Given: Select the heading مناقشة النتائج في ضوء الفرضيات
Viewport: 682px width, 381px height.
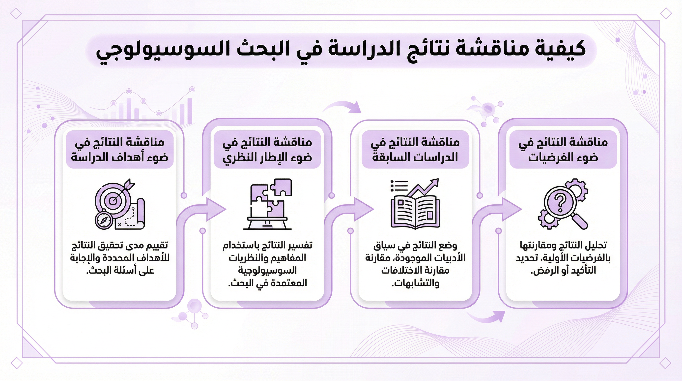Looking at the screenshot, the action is pyautogui.click(x=563, y=150).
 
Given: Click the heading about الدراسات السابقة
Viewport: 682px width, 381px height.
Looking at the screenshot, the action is pyautogui.click(x=415, y=150).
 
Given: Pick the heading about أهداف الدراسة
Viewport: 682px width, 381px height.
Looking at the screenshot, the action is pyautogui.click(x=119, y=150).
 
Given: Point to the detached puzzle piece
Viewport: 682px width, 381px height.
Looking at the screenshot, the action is pyautogui.click(x=281, y=187).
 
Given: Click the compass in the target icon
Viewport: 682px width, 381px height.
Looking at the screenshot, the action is pyautogui.click(x=104, y=219).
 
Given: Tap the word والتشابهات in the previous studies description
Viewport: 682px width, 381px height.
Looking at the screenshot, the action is pyautogui.click(x=415, y=283).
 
